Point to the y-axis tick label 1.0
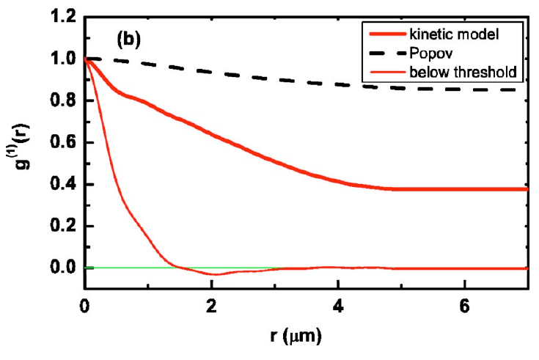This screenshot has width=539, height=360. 63,59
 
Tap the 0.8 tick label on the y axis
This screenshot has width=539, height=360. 63,100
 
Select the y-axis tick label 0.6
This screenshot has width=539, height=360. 63,142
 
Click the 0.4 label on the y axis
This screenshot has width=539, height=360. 63,184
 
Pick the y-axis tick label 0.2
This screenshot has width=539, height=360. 63,226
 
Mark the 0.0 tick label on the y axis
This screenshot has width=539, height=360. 63,268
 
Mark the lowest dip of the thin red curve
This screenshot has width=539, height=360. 213,274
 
